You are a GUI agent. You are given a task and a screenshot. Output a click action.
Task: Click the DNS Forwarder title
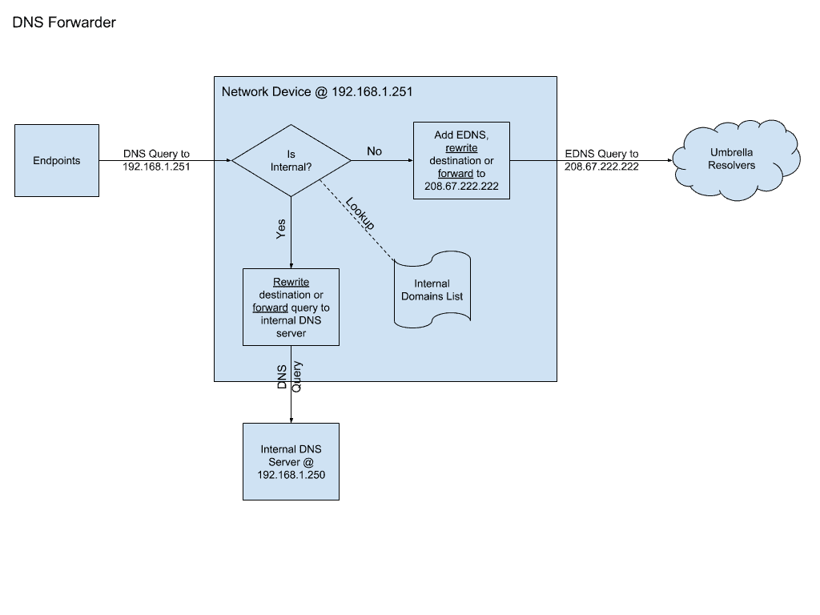pyautogui.click(x=64, y=22)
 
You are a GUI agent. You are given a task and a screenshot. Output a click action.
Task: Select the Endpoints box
pyautogui.click(x=57, y=160)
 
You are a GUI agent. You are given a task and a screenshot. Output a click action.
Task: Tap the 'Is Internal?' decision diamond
pyautogui.click(x=291, y=160)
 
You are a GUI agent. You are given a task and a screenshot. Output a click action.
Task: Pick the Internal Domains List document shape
pyautogui.click(x=432, y=289)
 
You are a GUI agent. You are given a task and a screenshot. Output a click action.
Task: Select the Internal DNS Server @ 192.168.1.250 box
pyautogui.click(x=291, y=461)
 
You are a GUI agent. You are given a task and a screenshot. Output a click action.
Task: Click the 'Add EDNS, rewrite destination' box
pyautogui.click(x=461, y=160)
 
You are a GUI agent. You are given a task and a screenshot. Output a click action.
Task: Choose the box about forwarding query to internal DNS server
pyautogui.click(x=291, y=307)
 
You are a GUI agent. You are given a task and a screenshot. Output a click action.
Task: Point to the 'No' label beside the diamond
pyautogui.click(x=374, y=151)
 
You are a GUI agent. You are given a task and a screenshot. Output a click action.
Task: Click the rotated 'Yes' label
pyautogui.click(x=280, y=229)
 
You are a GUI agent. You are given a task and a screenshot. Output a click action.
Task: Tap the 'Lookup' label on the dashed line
pyautogui.click(x=360, y=214)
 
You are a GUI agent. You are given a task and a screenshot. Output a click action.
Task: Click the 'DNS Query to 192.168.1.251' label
pyautogui.click(x=157, y=160)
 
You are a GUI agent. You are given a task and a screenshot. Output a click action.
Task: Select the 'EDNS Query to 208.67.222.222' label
pyautogui.click(x=601, y=160)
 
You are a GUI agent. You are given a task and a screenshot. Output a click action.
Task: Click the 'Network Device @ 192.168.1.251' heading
pyautogui.click(x=316, y=91)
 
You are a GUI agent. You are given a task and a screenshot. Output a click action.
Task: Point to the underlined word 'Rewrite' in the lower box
pyautogui.click(x=291, y=283)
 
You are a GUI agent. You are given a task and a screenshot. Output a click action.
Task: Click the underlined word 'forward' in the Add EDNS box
pyautogui.click(x=456, y=173)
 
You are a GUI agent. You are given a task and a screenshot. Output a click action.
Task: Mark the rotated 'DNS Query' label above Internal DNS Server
pyautogui.click(x=289, y=376)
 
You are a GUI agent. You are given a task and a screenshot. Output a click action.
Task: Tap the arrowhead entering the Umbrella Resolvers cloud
pyautogui.click(x=669, y=160)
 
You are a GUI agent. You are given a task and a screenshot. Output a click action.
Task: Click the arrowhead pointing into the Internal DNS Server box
pyautogui.click(x=291, y=419)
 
